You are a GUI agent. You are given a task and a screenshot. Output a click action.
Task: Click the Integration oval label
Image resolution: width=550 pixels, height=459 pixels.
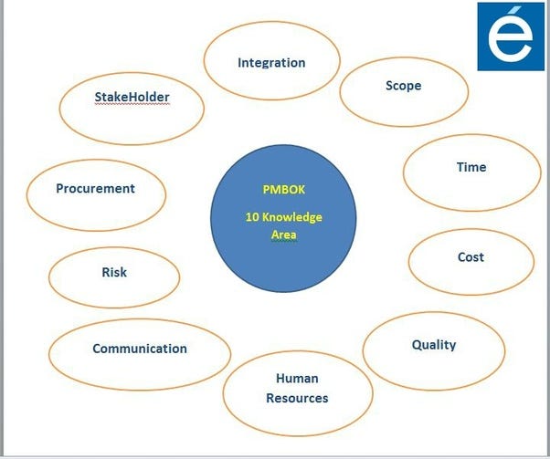coord(271,63)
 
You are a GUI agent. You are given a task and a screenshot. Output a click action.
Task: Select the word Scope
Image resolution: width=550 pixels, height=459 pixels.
coord(403,86)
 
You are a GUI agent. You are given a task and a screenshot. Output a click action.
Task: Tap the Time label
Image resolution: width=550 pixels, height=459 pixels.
coord(471,167)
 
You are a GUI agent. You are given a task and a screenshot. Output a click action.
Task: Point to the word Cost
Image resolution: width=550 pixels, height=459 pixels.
coord(471,257)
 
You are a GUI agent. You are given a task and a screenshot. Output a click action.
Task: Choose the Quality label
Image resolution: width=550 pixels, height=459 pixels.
coord(433,345)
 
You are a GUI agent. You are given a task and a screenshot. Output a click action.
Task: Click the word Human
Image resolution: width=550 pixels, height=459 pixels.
coord(297,379)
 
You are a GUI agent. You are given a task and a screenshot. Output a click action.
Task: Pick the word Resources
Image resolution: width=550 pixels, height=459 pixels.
coord(297,398)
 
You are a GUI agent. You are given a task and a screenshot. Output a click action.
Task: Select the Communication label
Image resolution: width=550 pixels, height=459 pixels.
coord(140,349)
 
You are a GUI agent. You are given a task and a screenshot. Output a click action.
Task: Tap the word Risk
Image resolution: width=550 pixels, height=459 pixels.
coord(114,272)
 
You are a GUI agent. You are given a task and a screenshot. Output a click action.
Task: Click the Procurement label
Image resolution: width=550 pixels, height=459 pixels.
coord(95,189)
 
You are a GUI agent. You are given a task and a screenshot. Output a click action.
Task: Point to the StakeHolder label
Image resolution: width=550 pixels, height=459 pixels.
coord(132,97)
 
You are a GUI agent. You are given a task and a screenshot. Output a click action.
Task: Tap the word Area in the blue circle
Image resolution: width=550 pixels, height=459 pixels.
coord(283,235)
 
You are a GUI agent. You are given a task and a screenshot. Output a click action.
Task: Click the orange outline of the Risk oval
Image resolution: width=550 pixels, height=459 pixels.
coord(48,278)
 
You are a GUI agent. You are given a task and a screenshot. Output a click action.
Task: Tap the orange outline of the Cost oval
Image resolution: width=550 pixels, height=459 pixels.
coord(408,263)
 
